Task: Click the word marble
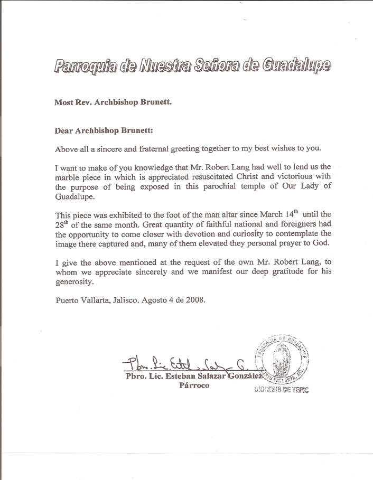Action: (68, 177)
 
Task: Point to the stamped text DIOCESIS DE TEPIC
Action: (282, 390)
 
